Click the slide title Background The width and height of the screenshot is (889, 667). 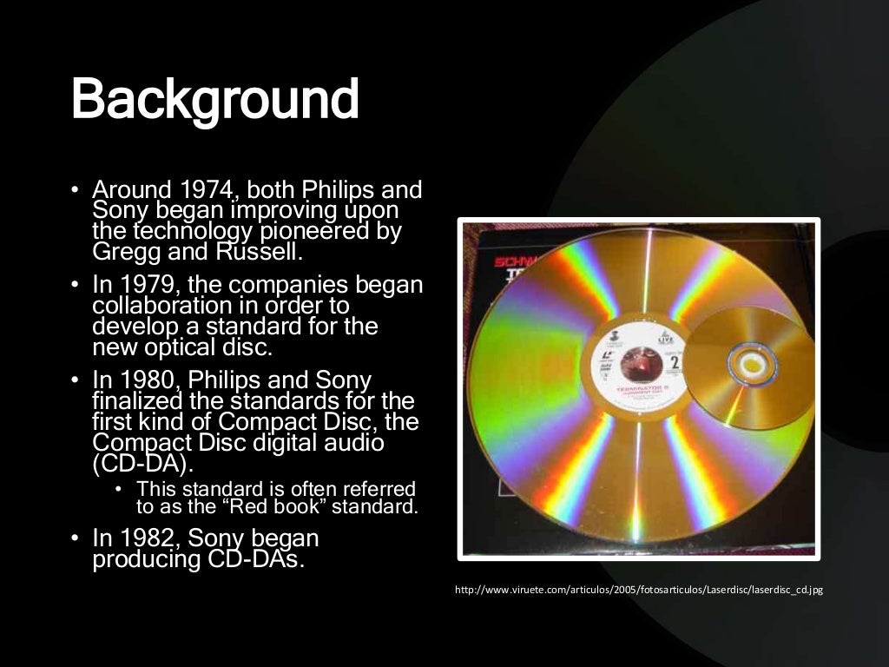tap(214, 101)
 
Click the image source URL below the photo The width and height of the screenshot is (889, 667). tap(638, 591)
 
